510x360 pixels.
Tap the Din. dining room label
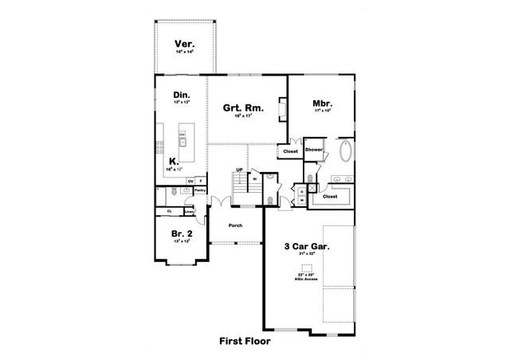coord(181,96)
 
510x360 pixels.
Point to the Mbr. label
coord(323,104)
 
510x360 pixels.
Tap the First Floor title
coord(245,342)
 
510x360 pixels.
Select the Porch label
coord(235,225)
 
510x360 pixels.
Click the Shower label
coord(313,150)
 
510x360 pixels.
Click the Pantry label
coord(200,190)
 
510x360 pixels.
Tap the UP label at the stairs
coord(239,170)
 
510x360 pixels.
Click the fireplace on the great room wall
coord(281,108)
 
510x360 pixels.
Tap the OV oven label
coord(190,182)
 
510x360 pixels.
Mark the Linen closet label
coord(190,211)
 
